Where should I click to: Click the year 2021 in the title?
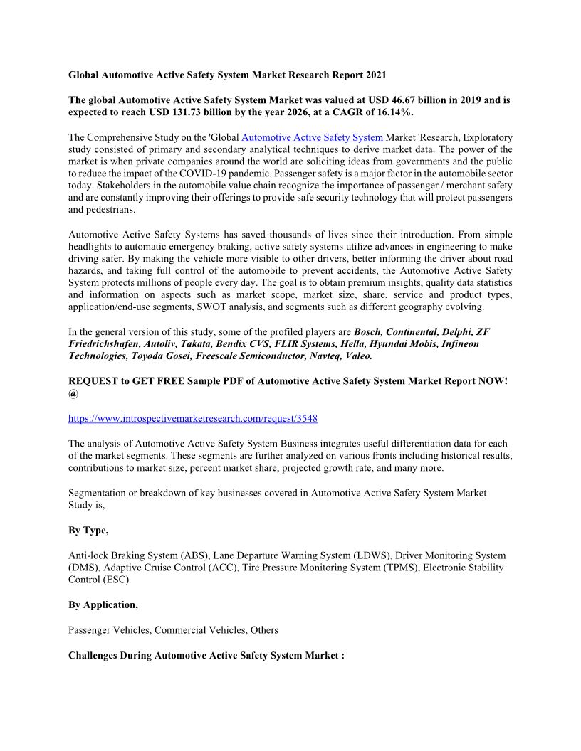[375, 75]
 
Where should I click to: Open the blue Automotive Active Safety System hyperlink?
[312, 137]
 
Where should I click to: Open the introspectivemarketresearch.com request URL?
[193, 418]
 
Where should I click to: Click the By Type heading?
[88, 531]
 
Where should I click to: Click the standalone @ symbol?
[73, 393]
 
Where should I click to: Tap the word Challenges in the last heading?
[95, 654]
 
